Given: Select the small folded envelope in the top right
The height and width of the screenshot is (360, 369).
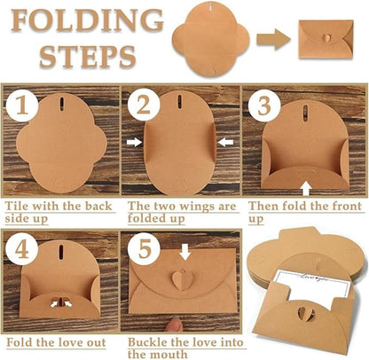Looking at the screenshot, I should (x=326, y=37).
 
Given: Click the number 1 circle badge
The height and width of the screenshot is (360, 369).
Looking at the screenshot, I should (x=21, y=107).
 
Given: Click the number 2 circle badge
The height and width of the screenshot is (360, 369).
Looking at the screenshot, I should (x=142, y=107).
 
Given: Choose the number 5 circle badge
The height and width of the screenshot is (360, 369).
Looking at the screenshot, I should (x=142, y=247).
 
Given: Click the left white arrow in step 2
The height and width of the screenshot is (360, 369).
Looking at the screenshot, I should (x=134, y=141).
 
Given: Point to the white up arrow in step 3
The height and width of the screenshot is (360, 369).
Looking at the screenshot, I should (x=306, y=186).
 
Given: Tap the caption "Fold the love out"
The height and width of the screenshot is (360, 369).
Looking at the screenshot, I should (x=53, y=341).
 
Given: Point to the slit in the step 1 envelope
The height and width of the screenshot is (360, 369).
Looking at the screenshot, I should (x=62, y=103).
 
